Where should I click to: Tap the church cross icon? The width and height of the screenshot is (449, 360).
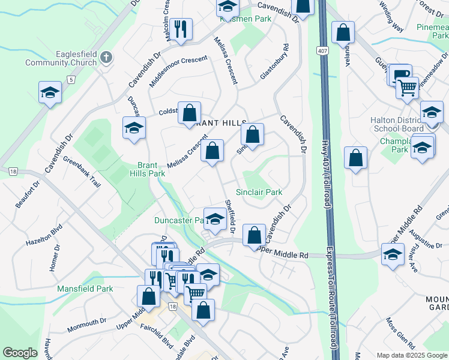[x=106, y=58]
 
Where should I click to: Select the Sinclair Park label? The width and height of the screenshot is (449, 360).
[x=259, y=193]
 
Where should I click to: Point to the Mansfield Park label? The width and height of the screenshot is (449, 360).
[x=85, y=289]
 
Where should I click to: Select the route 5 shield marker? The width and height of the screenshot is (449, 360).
[x=71, y=79]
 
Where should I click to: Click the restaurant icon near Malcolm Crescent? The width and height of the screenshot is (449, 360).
[x=179, y=28]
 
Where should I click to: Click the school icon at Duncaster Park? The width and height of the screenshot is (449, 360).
[x=215, y=218]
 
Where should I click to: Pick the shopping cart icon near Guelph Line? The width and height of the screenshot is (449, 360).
[x=407, y=88]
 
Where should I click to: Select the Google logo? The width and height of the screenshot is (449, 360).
[x=20, y=353]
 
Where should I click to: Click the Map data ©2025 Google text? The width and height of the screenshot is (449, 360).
[x=412, y=355]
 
